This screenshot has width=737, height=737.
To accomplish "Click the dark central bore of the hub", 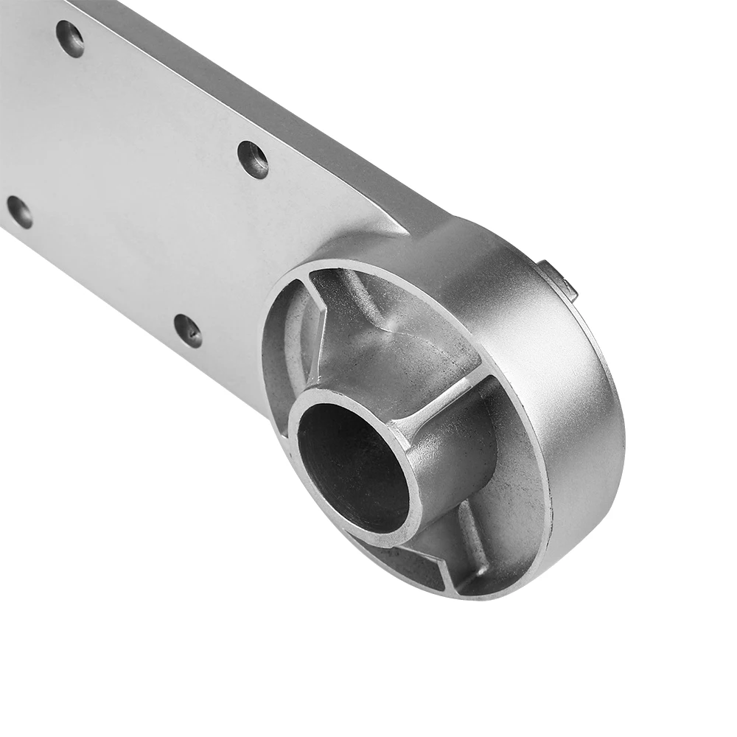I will (x=352, y=464).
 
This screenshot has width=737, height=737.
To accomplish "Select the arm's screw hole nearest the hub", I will (x=187, y=329).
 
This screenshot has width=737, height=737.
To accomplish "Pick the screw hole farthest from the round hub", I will (x=70, y=38).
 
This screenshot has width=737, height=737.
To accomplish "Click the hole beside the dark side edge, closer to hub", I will (x=253, y=158).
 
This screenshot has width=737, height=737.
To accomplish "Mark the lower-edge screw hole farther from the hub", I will (x=19, y=211).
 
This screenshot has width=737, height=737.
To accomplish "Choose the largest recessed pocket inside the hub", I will (x=398, y=332).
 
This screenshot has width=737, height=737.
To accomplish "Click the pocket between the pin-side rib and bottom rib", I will (x=509, y=501).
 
